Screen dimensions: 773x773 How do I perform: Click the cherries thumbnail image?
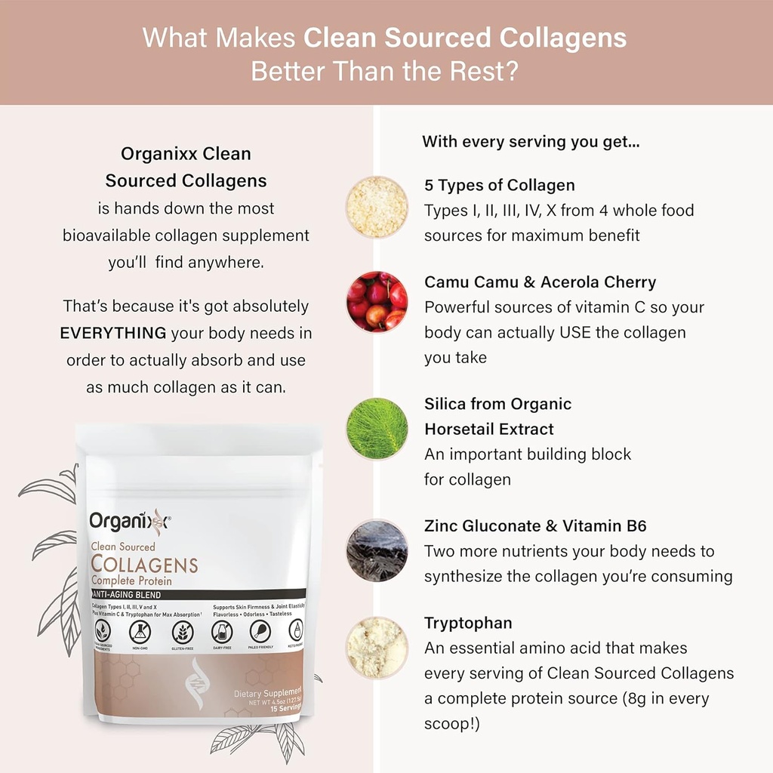click(377, 301)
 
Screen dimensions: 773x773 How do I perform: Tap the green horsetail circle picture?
click(377, 429)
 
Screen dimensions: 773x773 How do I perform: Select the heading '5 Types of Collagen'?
click(499, 186)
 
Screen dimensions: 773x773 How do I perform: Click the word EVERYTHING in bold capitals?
click(113, 333)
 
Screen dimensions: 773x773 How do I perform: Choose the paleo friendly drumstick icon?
click(260, 631)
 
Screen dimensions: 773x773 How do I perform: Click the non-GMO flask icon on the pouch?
click(140, 631)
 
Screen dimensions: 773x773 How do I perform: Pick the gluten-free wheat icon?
click(182, 631)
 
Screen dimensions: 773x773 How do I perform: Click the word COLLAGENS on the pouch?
click(144, 565)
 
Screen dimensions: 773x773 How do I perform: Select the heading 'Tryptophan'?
click(468, 623)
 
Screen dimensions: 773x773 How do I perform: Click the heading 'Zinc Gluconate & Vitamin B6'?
click(535, 526)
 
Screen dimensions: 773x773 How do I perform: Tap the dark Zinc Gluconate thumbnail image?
click(377, 550)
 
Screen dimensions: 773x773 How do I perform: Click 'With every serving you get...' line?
click(531, 141)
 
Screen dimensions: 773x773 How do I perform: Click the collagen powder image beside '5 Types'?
click(377, 207)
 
